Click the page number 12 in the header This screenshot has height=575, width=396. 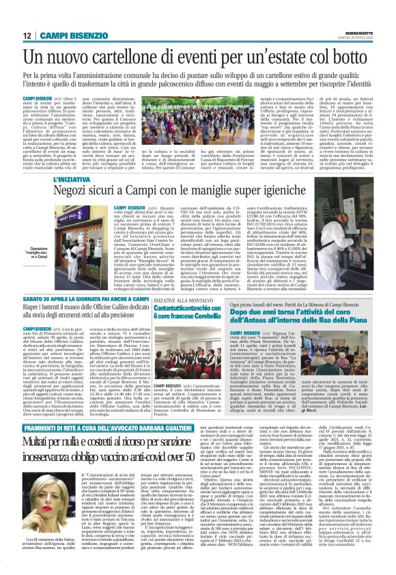27,35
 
